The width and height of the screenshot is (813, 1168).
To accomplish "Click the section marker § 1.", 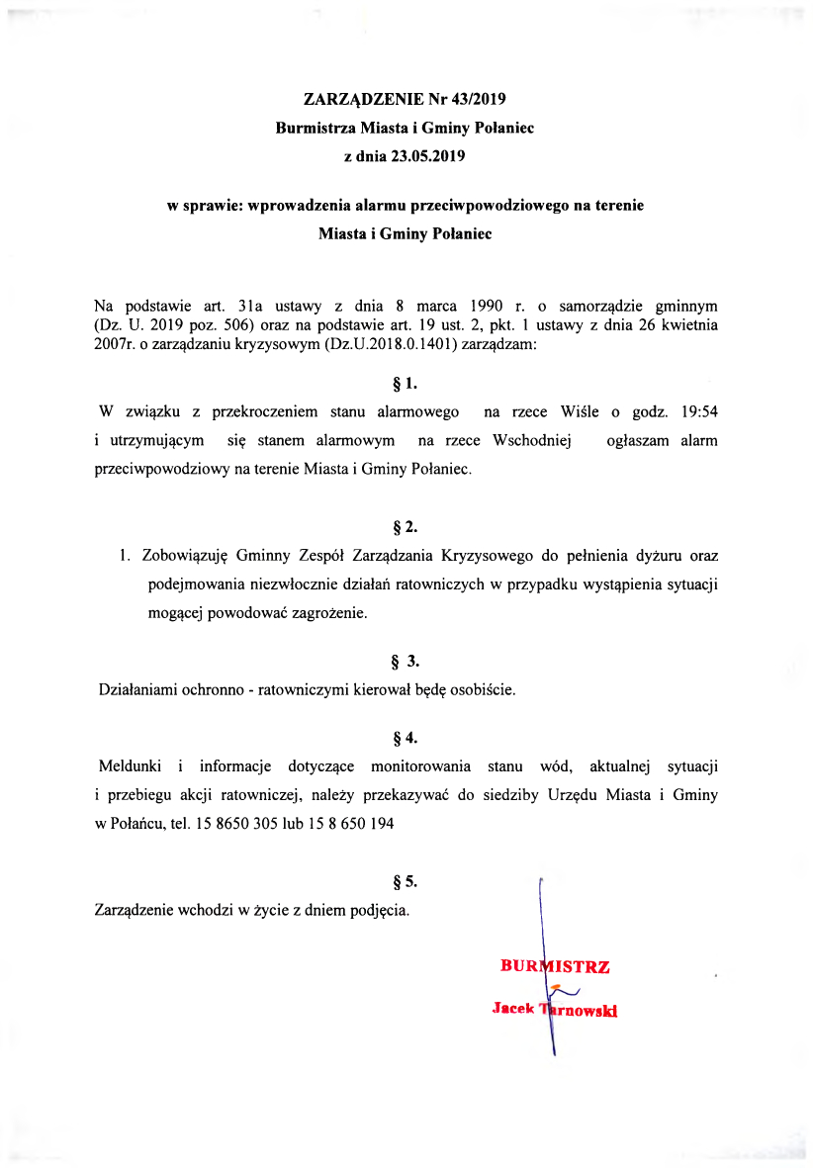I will [406, 381].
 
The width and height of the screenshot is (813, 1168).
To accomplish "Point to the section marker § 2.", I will [406, 527].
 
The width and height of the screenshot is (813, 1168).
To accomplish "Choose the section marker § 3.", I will [406, 661].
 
